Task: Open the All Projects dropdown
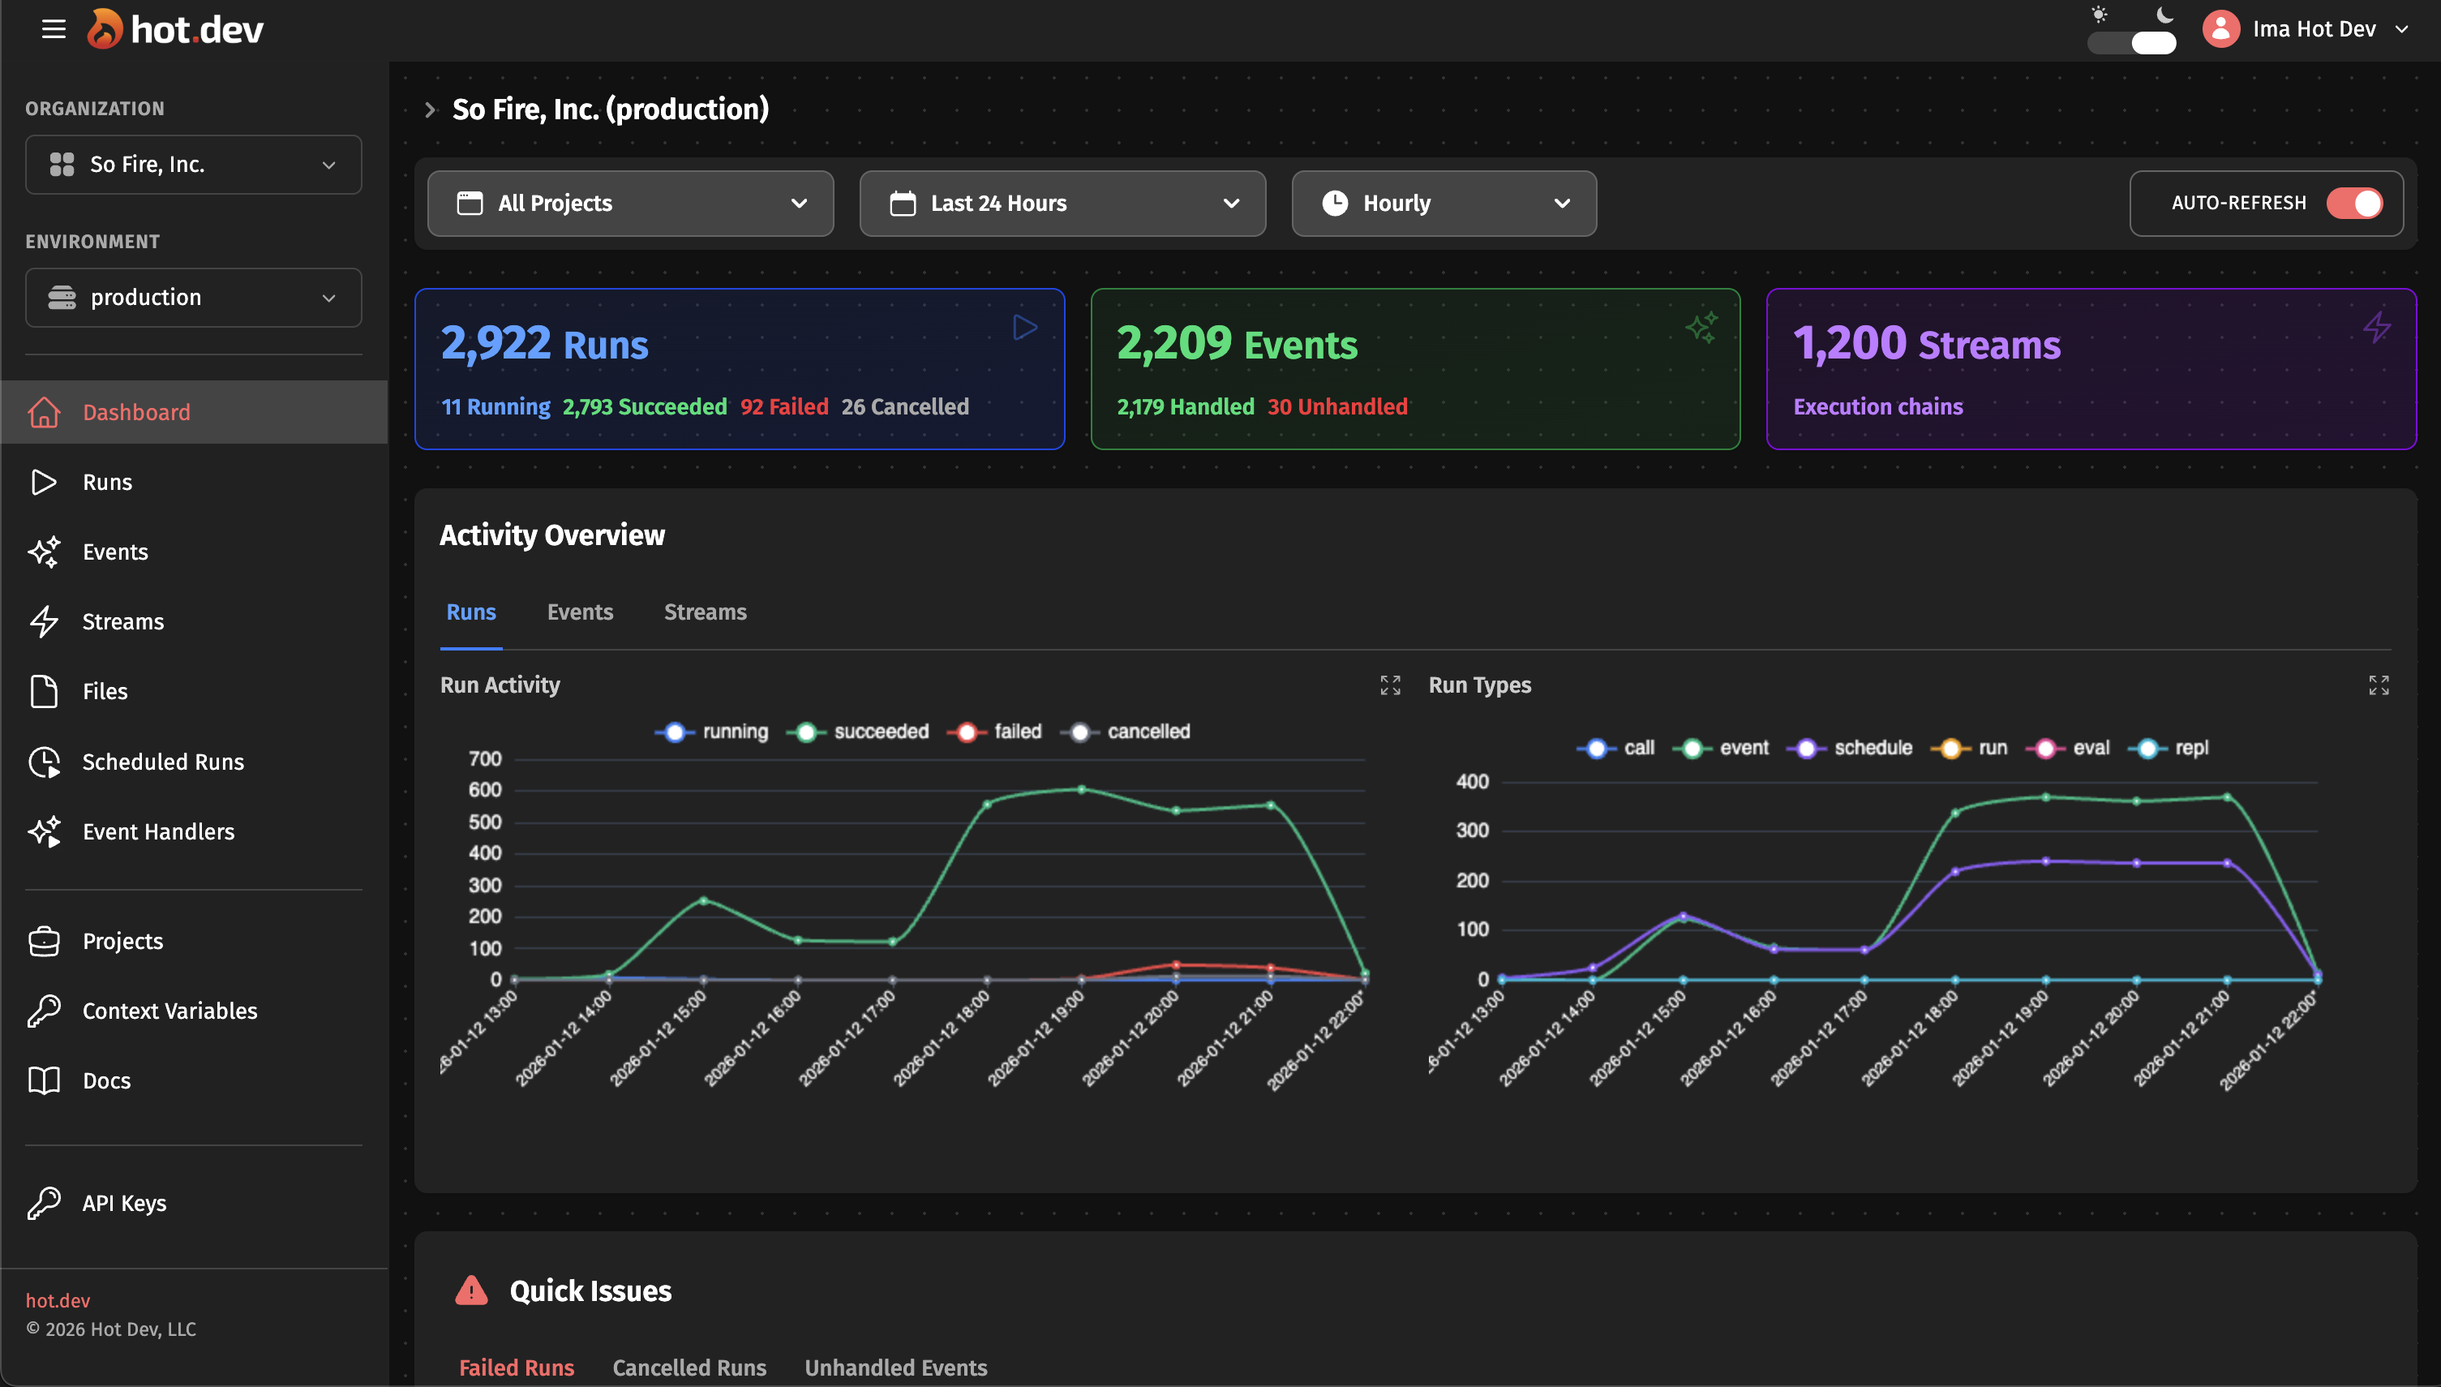point(629,203)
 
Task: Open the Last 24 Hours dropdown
point(1062,203)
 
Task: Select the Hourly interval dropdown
point(1443,203)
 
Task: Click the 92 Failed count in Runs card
point(784,406)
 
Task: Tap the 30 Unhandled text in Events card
point(1336,406)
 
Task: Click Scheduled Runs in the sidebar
point(162,761)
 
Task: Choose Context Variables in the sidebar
point(169,1010)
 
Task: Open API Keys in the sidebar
point(124,1202)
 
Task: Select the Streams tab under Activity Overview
point(705,612)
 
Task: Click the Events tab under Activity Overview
point(579,612)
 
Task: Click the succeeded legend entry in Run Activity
point(859,732)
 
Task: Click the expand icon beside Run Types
point(2377,685)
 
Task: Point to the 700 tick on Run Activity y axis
point(485,758)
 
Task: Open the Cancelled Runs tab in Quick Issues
point(689,1367)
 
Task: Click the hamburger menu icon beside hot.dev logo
point(54,28)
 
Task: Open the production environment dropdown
point(193,297)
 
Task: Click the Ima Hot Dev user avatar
point(2220,28)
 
